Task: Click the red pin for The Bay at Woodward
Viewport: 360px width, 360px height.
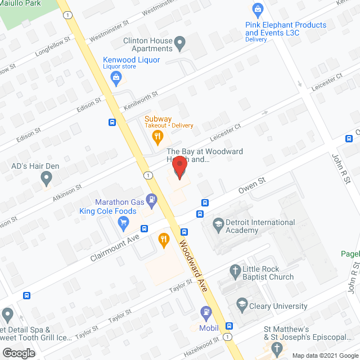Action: pyautogui.click(x=179, y=168)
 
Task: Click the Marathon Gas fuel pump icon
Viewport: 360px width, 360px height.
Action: pyautogui.click(x=151, y=199)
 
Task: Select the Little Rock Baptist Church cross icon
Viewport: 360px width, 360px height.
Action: pyautogui.click(x=236, y=272)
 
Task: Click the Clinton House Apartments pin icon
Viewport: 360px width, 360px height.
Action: pyautogui.click(x=180, y=42)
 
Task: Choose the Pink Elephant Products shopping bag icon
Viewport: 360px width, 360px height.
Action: pyautogui.click(x=258, y=10)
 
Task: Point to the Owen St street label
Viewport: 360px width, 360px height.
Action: pyautogui.click(x=253, y=186)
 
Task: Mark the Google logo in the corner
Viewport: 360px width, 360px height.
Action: pyautogui.click(x=18, y=353)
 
